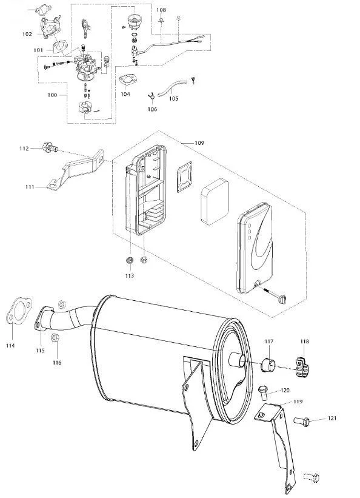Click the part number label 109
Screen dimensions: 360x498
click(199, 143)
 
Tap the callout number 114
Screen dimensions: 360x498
click(10, 346)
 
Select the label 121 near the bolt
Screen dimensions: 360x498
click(332, 418)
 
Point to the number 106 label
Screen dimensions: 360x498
click(152, 109)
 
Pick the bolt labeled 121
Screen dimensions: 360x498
click(301, 421)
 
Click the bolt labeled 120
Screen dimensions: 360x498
click(263, 392)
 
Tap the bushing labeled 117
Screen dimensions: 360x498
click(268, 365)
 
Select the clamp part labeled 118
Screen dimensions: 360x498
click(302, 367)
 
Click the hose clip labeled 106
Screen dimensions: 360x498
click(152, 95)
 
